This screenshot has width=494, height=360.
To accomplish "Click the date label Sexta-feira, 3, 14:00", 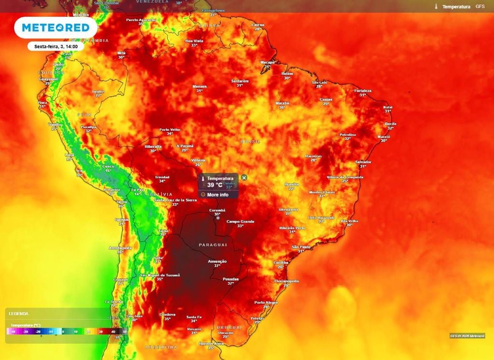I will pyautogui.click(x=56, y=47).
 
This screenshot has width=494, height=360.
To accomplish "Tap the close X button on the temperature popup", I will pyautogui.click(x=244, y=178).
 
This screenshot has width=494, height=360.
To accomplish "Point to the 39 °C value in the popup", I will pyautogui.click(x=215, y=185).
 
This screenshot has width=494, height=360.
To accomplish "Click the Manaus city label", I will pyautogui.click(x=199, y=87).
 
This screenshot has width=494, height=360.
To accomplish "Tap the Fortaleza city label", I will pyautogui.click(x=362, y=91).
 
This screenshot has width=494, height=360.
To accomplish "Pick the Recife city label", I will pyautogui.click(x=390, y=124).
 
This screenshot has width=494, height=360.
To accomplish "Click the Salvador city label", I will pyautogui.click(x=363, y=162).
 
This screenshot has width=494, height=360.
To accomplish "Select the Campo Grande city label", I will pyautogui.click(x=240, y=222).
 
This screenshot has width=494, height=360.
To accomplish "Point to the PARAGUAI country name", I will pyautogui.click(x=213, y=245).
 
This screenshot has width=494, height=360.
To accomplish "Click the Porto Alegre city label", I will pyautogui.click(x=266, y=303).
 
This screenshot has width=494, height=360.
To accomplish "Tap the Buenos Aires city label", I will pyautogui.click(x=211, y=344).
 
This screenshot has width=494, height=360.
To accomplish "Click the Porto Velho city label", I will pyautogui.click(x=170, y=129).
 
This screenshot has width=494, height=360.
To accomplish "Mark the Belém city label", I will pyautogui.click(x=287, y=73).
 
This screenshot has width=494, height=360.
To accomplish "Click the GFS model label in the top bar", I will pyautogui.click(x=480, y=7).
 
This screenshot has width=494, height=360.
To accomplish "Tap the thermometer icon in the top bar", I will pyautogui.click(x=436, y=7).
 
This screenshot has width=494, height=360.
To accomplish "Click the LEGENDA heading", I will pyautogui.click(x=19, y=314).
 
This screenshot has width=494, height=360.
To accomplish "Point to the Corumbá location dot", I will pyautogui.click(x=218, y=218).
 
